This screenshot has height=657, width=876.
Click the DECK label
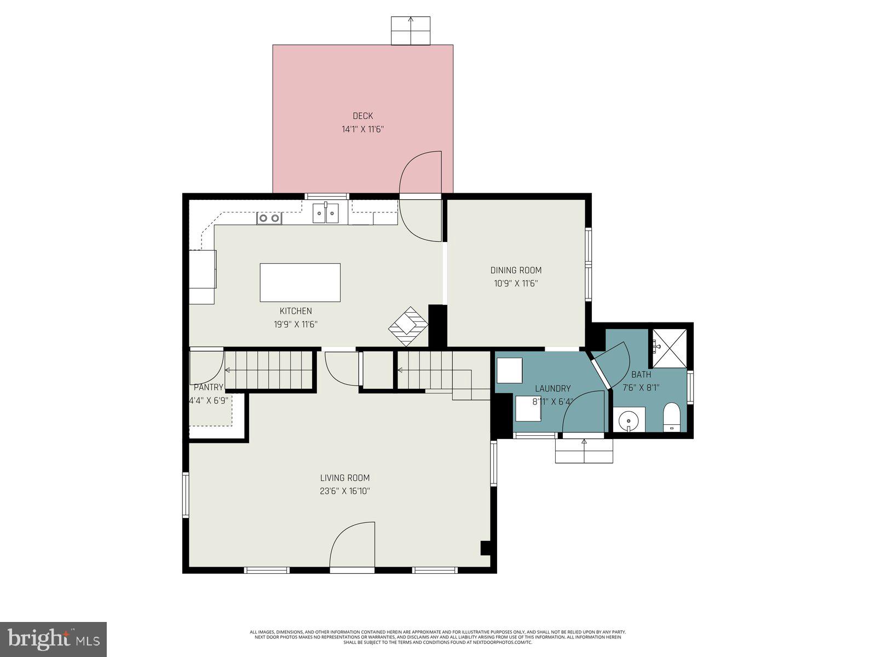(362, 116)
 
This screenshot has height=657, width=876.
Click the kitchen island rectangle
(300, 283)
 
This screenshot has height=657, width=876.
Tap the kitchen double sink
(326, 213)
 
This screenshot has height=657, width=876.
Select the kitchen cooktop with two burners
(269, 218)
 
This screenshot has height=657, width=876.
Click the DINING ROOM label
(516, 270)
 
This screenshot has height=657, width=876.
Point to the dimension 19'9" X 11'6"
(296, 324)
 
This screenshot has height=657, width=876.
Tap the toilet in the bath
(671, 418)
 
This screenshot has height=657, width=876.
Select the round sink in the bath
(629, 421)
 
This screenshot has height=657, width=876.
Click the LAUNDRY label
(552, 388)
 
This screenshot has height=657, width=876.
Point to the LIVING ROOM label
(345, 477)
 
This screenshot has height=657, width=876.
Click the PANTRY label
(209, 387)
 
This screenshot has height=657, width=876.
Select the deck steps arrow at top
(411, 30)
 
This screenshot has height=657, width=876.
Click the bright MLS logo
(53, 639)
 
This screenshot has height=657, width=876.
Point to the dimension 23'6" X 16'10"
(345, 491)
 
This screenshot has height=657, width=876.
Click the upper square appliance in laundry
(510, 370)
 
